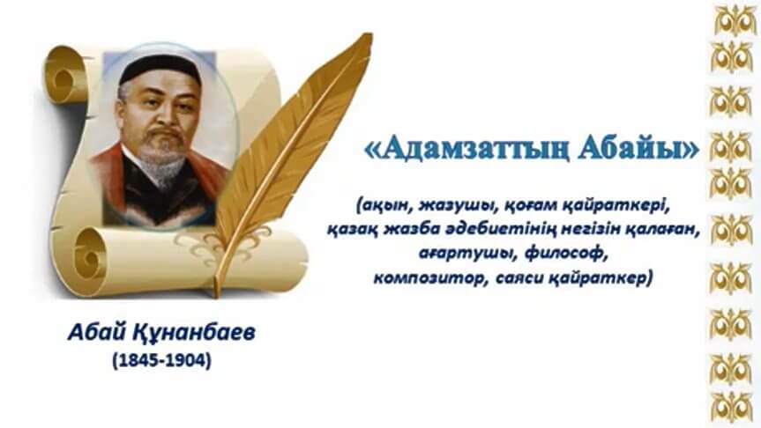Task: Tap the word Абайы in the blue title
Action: [630, 148]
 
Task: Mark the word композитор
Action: [431, 278]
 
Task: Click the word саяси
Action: [519, 278]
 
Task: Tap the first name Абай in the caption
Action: [97, 333]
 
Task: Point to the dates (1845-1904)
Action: [162, 360]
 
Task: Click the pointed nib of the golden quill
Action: [216, 295]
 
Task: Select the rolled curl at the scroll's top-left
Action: [64, 75]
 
